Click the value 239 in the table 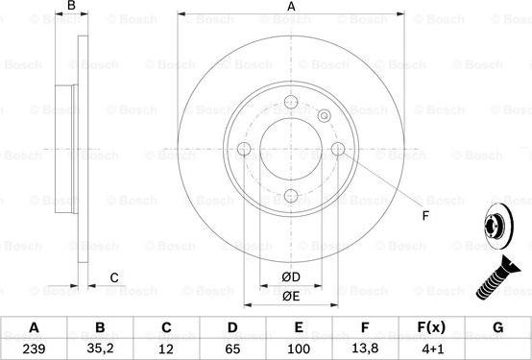34,348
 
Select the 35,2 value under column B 100,348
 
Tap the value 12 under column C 166,348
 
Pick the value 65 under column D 232,348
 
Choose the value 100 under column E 299,348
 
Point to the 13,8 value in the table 365,348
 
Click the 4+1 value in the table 431,348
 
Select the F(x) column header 431,327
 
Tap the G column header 497,327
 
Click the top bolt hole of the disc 291,102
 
